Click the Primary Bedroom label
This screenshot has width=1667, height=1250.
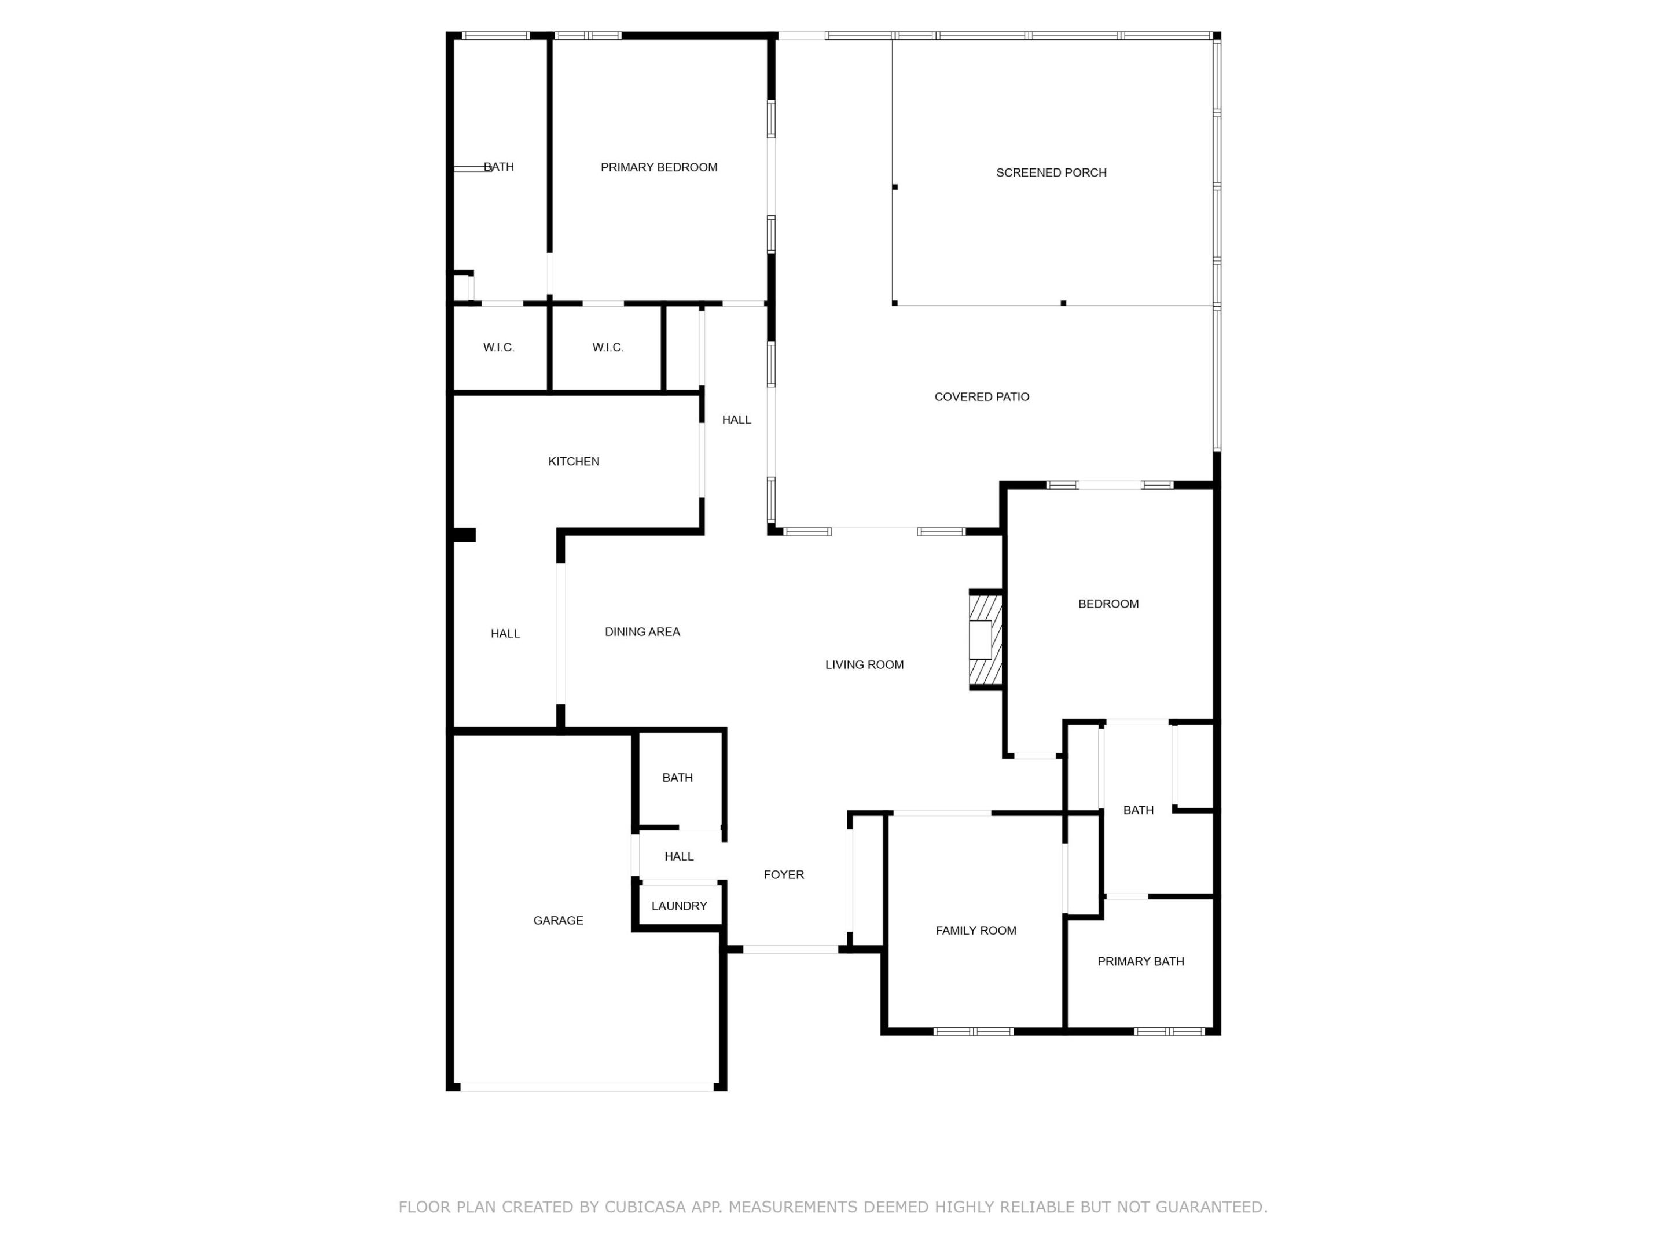pyautogui.click(x=659, y=167)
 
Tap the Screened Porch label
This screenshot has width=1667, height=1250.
pyautogui.click(x=1051, y=172)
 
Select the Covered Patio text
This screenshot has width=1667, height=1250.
pyautogui.click(x=981, y=397)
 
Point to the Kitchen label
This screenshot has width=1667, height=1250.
pyautogui.click(x=574, y=461)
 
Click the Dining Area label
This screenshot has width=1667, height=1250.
pyautogui.click(x=642, y=632)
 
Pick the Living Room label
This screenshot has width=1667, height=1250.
pyautogui.click(x=864, y=664)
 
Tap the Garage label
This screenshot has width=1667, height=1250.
pyautogui.click(x=557, y=920)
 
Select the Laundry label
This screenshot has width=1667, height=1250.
pyautogui.click(x=679, y=906)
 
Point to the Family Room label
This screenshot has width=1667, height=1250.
pyautogui.click(x=975, y=931)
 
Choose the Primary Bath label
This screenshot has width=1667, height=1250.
pyautogui.click(x=1140, y=961)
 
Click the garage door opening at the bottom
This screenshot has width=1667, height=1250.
pyautogui.click(x=586, y=1087)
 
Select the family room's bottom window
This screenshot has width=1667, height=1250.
pyautogui.click(x=973, y=1031)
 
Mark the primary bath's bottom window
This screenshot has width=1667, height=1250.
pyautogui.click(x=1170, y=1031)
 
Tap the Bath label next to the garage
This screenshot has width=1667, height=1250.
pyautogui.click(x=677, y=778)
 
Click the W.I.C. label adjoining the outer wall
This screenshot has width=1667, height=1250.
pyautogui.click(x=498, y=347)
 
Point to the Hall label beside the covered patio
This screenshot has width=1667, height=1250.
pyautogui.click(x=736, y=420)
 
